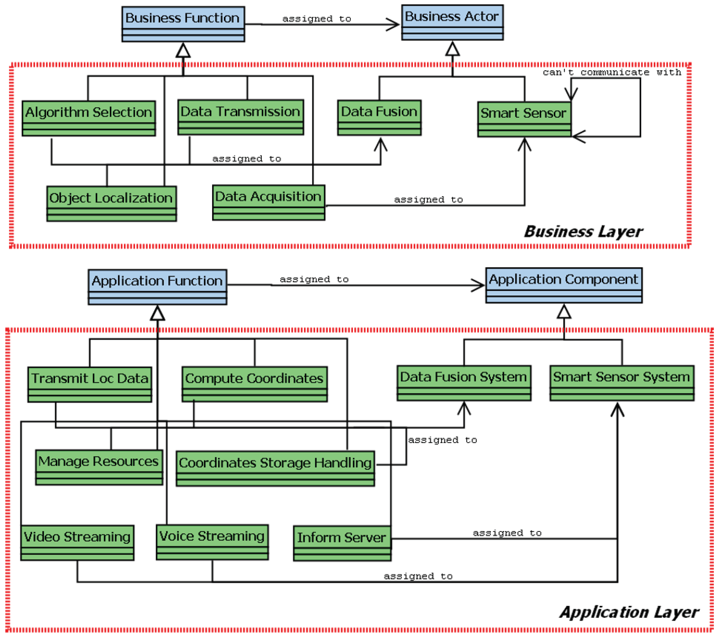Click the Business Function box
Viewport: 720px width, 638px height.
tap(183, 24)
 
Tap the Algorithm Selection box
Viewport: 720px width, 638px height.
tap(89, 118)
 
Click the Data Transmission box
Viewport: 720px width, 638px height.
tap(241, 117)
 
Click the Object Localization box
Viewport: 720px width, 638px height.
tap(111, 204)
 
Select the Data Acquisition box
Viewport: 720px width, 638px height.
tap(268, 202)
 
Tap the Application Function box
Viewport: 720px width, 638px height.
tap(158, 287)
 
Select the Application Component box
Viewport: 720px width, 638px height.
tap(564, 285)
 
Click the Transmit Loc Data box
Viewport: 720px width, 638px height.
tap(90, 384)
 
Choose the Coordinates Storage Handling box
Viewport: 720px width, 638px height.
tap(275, 468)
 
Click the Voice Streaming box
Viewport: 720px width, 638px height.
tap(212, 542)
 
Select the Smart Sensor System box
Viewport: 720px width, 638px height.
tap(622, 383)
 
